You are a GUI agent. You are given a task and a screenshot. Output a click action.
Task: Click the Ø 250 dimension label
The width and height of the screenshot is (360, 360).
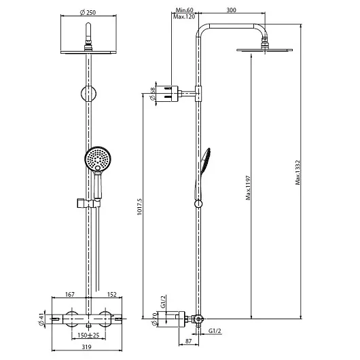click(88, 12)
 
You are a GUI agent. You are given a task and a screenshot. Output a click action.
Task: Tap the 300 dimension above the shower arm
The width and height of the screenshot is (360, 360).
click(231, 10)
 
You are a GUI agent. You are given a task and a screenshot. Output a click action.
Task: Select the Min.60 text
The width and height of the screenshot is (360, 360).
click(184, 10)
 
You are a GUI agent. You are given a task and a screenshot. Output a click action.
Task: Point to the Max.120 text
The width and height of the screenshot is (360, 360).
click(184, 17)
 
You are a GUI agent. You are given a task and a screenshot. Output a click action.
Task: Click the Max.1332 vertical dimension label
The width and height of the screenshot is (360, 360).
click(298, 173)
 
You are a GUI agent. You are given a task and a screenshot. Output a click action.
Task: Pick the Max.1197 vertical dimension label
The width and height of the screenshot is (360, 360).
click(248, 187)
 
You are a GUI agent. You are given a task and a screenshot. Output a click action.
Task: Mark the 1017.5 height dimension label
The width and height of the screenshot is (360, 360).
click(140, 206)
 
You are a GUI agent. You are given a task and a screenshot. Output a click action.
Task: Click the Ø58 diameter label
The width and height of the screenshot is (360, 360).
click(152, 94)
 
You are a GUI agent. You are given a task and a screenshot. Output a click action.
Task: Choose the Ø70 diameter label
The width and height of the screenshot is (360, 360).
click(154, 319)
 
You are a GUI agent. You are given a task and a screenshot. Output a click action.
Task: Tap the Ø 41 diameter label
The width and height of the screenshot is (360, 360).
click(41, 320)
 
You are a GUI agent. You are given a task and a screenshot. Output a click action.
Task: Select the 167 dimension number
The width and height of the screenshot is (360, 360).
click(70, 294)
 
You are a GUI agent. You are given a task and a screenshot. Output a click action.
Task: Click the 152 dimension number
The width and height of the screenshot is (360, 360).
click(112, 294)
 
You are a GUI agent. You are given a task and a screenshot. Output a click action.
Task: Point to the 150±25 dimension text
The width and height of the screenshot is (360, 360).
click(88, 335)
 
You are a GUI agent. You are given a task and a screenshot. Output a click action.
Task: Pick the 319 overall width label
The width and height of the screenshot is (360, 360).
click(86, 346)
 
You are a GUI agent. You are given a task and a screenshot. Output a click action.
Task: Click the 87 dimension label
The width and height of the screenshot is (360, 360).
click(188, 341)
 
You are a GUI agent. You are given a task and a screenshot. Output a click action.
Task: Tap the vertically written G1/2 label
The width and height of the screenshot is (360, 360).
click(163, 302)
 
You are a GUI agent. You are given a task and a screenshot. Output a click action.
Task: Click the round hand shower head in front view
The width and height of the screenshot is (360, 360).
click(98, 159)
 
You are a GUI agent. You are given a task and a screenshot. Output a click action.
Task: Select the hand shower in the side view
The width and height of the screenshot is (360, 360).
click(202, 175)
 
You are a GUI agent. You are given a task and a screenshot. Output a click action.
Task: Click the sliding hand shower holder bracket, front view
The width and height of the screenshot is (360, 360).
click(88, 202)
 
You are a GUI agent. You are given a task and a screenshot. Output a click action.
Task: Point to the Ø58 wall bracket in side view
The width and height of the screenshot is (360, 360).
click(170, 94)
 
